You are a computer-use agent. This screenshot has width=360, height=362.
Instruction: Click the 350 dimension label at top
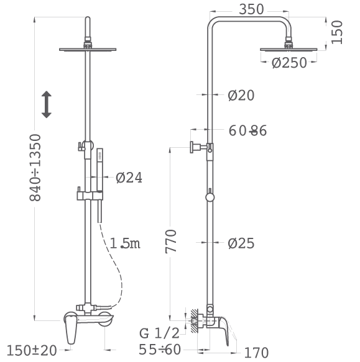251,9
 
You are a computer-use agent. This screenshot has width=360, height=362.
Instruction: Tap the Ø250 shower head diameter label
289,63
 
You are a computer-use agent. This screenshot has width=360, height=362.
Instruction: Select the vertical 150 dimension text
336,32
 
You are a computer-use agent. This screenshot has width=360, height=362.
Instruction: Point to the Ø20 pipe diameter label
241,95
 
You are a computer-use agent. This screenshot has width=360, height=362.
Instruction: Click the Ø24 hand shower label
129,178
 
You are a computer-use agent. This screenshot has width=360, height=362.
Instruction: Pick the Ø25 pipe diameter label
241,243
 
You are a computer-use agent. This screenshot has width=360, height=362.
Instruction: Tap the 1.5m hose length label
125,243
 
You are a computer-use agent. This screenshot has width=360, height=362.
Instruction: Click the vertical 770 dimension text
171,242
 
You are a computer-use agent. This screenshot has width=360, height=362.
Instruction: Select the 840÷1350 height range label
35,168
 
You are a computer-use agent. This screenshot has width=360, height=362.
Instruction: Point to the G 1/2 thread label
159,333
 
